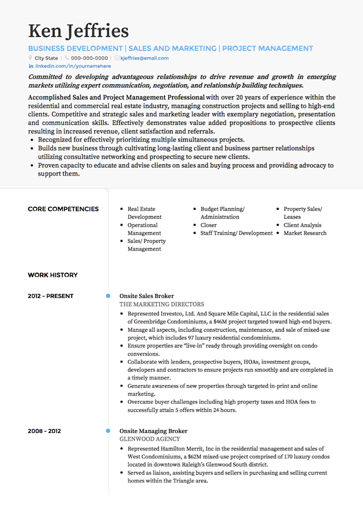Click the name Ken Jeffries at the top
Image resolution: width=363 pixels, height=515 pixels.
78,31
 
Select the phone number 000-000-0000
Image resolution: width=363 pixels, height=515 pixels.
89,58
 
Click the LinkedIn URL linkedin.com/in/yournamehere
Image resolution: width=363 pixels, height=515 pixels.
73,66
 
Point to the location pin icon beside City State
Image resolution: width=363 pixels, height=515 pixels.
30,58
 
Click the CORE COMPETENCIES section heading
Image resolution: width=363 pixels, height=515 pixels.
63,209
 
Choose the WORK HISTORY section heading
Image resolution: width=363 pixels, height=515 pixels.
53,275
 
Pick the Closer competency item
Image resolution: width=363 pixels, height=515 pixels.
209,225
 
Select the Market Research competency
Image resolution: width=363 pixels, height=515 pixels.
305,233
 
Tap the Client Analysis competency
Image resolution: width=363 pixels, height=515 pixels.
302,225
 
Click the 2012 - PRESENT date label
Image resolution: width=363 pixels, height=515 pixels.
50,296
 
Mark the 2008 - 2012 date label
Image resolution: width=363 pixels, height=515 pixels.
44,431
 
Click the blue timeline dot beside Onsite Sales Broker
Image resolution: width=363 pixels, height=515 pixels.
108,296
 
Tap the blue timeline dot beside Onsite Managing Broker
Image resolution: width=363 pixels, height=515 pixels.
108,431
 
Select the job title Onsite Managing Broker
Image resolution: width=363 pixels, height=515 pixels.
153,431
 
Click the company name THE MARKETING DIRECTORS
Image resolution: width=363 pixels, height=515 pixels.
162,304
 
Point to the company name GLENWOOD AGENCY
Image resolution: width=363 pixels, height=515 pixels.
150,439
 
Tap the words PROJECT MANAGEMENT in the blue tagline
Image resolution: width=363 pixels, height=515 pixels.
268,49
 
